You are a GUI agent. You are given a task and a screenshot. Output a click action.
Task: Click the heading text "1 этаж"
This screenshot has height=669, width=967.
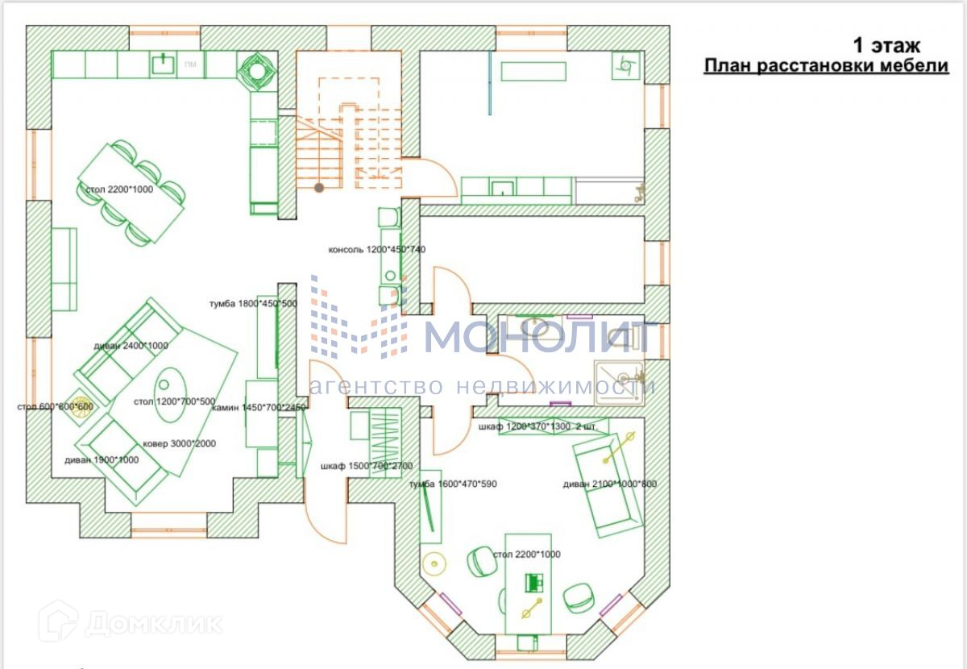[886, 45]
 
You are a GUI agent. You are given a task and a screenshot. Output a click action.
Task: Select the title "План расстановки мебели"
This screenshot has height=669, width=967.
[826, 66]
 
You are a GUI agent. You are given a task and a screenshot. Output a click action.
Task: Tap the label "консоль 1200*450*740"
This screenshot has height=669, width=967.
[376, 250]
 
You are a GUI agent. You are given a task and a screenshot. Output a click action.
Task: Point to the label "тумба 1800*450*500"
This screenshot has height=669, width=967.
[253, 304]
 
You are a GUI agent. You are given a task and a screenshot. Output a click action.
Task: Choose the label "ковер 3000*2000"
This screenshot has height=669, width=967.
[179, 443]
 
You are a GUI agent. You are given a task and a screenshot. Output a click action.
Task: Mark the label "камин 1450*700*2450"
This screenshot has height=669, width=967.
[259, 408]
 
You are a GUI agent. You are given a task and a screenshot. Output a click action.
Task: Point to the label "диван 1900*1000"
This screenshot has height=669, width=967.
[102, 460]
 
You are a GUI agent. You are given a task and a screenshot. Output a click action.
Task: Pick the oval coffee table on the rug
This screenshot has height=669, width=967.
[170, 394]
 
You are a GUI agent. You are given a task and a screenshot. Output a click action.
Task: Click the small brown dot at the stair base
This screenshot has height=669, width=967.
[319, 188]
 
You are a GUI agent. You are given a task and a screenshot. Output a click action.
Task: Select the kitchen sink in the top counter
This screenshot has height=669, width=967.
[165, 63]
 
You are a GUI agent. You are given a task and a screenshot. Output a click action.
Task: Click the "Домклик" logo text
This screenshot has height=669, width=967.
[153, 622]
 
